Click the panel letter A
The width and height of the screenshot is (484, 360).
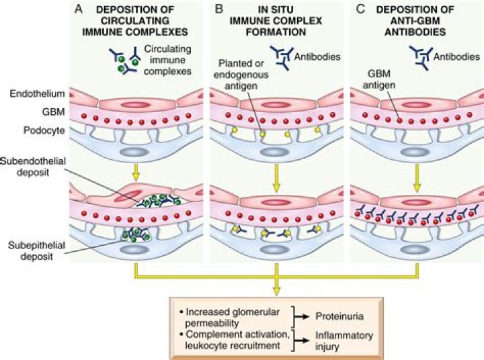pyautogui.click(x=78, y=9)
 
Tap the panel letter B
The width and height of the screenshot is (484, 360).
pyautogui.click(x=218, y=9)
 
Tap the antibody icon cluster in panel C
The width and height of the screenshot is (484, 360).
pyautogui.click(x=424, y=54)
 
